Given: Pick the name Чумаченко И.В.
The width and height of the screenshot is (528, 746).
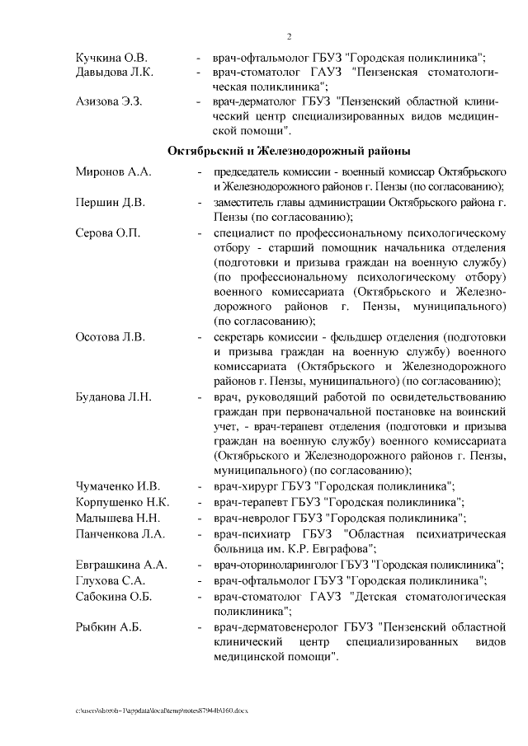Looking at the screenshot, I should (x=117, y=486).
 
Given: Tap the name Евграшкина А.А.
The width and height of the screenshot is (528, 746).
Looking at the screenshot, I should (x=121, y=565).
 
